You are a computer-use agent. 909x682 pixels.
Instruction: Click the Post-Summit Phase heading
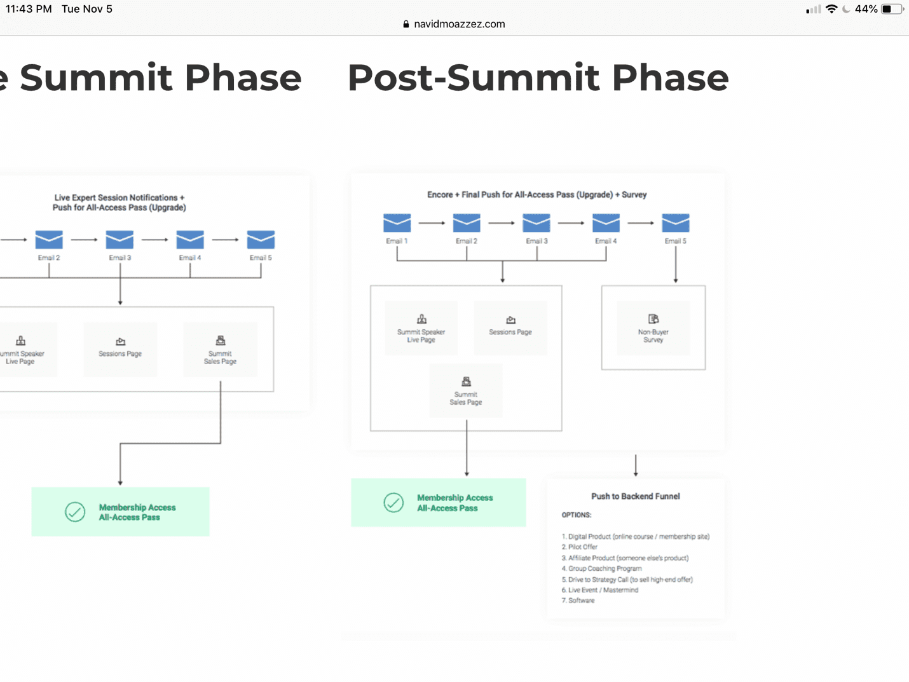538,78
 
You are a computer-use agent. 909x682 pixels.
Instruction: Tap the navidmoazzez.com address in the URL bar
458,24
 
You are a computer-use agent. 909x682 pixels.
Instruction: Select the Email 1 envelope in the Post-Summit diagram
397,223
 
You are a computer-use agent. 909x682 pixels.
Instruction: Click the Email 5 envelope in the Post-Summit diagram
675,223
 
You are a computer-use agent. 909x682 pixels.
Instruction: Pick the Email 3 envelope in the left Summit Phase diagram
120,240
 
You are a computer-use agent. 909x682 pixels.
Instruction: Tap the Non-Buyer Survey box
653,327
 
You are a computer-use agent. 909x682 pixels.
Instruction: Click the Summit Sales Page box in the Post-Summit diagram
466,390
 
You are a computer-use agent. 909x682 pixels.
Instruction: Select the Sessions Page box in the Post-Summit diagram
510,327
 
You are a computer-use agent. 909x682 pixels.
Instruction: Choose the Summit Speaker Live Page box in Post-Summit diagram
421,327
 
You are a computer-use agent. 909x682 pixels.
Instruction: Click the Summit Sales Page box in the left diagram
220,350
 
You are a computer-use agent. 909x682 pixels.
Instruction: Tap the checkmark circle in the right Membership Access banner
393,503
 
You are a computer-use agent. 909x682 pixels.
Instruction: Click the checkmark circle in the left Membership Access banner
75,512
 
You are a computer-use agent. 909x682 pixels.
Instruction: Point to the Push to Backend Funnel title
635,496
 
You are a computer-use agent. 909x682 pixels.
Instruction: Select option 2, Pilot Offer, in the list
582,547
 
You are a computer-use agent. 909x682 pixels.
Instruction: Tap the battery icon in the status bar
891,9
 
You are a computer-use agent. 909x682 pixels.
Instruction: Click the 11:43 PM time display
29,9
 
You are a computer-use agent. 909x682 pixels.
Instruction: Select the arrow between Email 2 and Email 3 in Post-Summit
501,223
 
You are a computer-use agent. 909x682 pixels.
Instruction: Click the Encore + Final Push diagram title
537,194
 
